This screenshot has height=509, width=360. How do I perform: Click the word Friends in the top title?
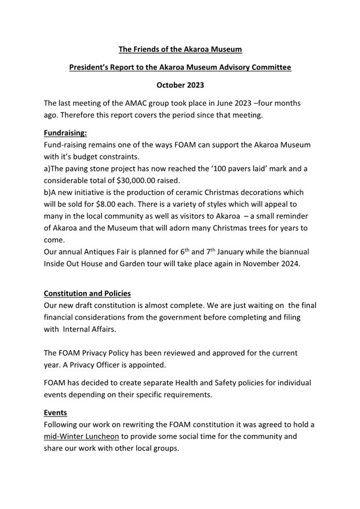point(146,50)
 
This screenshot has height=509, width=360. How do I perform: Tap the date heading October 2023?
point(180,85)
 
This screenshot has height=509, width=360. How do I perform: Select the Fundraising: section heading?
point(65,133)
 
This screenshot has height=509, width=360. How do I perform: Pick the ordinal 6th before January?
point(211,251)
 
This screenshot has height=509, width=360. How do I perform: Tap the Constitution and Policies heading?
point(87,294)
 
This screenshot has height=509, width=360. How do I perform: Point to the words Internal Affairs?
point(93,329)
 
